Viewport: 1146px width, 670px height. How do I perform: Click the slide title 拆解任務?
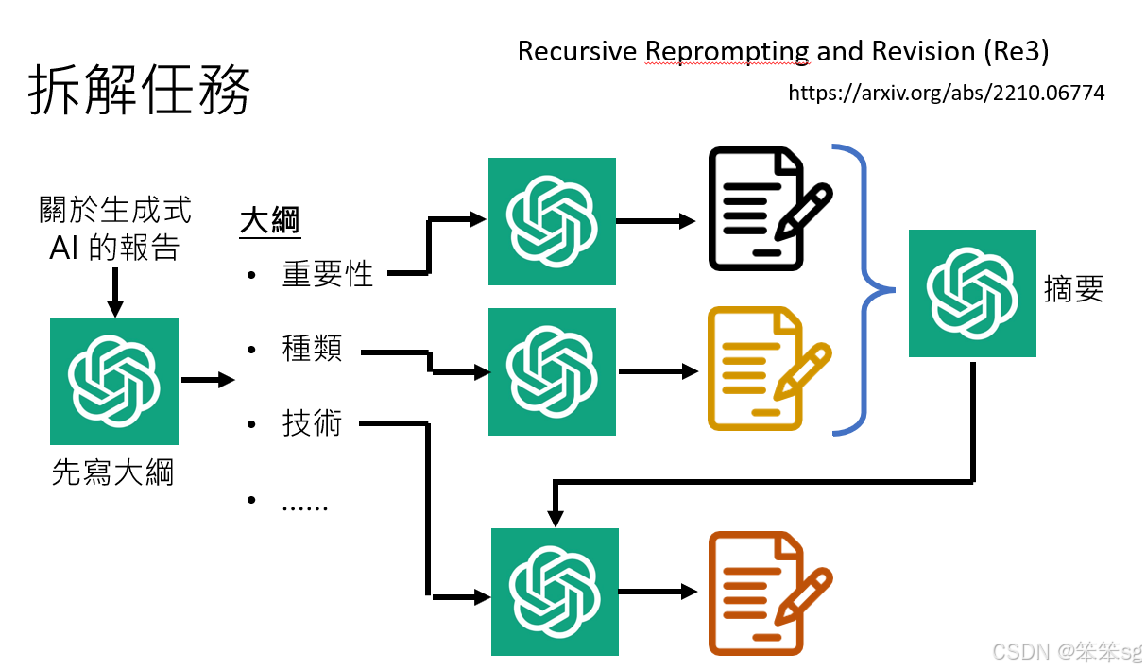click(x=141, y=91)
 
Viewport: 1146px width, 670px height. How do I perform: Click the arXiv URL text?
click(x=946, y=93)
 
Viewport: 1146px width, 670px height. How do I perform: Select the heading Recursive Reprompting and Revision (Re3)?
click(x=783, y=50)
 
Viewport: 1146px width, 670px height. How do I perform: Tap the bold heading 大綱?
click(x=269, y=221)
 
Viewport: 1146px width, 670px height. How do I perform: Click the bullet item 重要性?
click(x=328, y=274)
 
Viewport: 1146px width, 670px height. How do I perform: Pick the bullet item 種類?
click(x=312, y=349)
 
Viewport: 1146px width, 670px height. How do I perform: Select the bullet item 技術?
click(x=312, y=423)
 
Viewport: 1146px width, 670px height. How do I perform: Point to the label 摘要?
click(x=1074, y=288)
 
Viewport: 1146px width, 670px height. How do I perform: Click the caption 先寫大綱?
click(x=113, y=472)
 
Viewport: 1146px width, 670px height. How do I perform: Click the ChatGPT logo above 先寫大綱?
click(x=114, y=381)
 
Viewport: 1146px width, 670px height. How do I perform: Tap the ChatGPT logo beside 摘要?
click(x=972, y=293)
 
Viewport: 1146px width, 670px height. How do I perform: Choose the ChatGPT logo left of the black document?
click(x=552, y=221)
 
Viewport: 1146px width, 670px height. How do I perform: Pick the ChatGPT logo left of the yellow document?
click(x=552, y=371)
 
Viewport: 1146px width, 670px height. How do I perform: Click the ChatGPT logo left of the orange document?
click(x=556, y=592)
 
